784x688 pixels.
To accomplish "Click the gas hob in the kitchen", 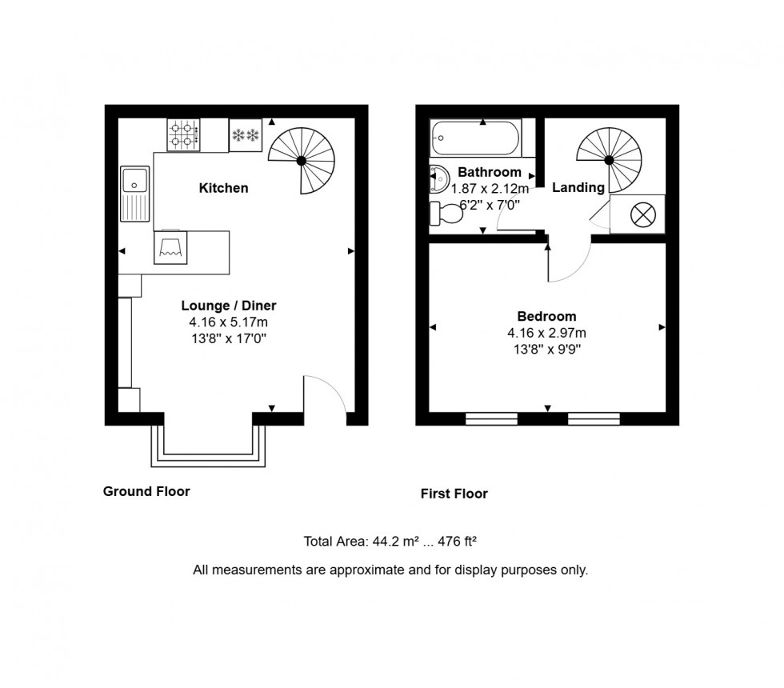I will click(x=184, y=134).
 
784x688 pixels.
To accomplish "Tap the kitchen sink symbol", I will click(x=134, y=194).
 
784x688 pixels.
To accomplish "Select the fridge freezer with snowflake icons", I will click(x=246, y=134).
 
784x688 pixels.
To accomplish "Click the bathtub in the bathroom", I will click(x=476, y=138).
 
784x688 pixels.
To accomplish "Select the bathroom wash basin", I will click(x=438, y=179).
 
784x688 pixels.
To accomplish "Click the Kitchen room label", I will click(x=223, y=189).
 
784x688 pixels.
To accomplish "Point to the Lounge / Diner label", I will click(x=229, y=306).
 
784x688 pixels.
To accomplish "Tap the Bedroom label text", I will click(x=546, y=316).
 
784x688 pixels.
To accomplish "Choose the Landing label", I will click(x=578, y=188).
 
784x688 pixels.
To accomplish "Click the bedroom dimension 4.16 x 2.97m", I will click(x=546, y=333).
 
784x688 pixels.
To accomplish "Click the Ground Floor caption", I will click(x=146, y=491).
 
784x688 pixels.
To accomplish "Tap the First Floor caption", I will click(x=454, y=494).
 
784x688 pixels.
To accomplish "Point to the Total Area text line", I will click(x=390, y=542).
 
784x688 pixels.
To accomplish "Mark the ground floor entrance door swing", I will click(x=326, y=394).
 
